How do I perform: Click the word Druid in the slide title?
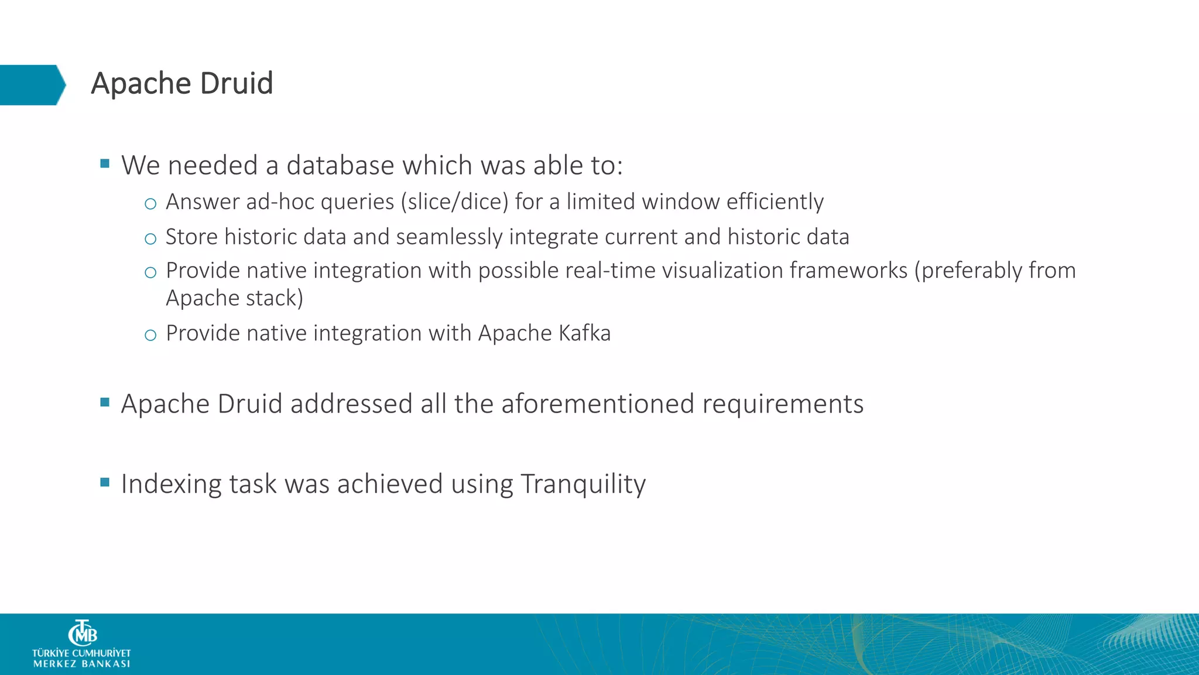(x=237, y=83)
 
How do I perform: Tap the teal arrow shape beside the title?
(x=32, y=85)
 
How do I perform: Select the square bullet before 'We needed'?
(x=105, y=163)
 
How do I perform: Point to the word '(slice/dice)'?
(x=454, y=202)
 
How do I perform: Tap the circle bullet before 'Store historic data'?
(x=150, y=238)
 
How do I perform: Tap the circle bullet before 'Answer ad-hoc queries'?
(x=150, y=204)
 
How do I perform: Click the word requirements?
(x=783, y=404)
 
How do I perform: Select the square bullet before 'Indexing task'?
(x=105, y=482)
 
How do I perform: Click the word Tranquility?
(x=583, y=485)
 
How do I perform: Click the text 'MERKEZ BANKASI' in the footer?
(x=82, y=664)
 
